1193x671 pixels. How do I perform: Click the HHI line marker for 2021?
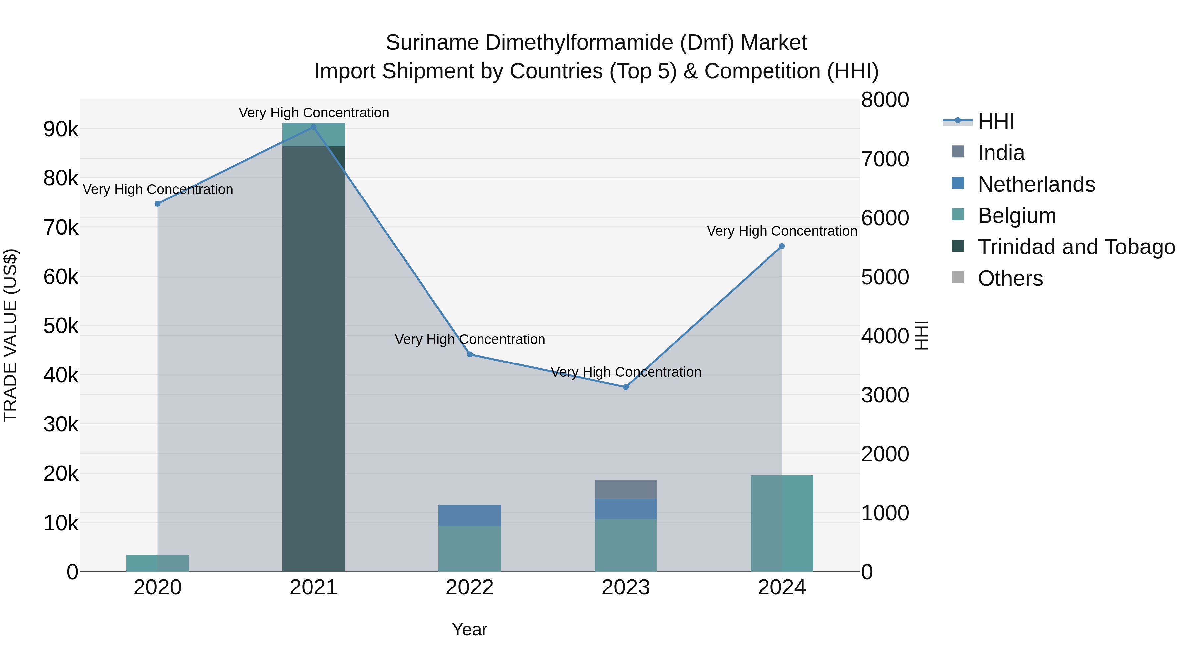(313, 127)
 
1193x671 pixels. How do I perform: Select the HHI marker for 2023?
(626, 387)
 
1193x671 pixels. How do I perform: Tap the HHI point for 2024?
(782, 246)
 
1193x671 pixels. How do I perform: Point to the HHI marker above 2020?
(157, 204)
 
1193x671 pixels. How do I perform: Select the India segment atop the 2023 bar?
(626, 489)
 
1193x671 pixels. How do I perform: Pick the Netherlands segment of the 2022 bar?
(470, 515)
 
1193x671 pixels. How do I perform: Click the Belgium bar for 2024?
(782, 523)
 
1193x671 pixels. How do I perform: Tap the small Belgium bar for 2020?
(157, 563)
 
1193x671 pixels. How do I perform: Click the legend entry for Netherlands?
(1036, 184)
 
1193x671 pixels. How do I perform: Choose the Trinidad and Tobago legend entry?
(1076, 247)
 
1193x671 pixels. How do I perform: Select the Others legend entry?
(1010, 278)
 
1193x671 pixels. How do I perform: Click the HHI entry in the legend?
(996, 121)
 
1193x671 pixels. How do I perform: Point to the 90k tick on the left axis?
(61, 129)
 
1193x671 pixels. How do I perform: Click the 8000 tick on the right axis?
(884, 100)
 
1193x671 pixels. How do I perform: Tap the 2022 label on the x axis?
(470, 587)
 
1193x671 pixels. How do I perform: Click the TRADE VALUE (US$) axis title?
(11, 336)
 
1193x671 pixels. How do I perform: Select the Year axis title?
(470, 629)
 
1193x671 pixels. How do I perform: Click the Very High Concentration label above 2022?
(470, 339)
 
